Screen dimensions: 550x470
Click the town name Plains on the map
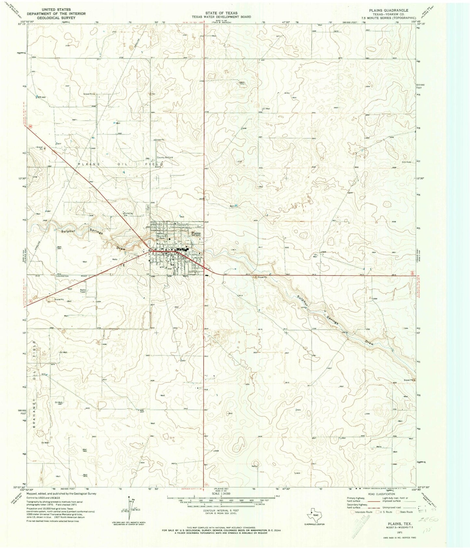[196, 233]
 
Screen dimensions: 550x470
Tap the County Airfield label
[165, 157]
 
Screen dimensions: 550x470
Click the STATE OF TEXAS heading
[221, 13]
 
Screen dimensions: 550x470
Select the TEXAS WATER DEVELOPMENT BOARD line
[221, 17]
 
